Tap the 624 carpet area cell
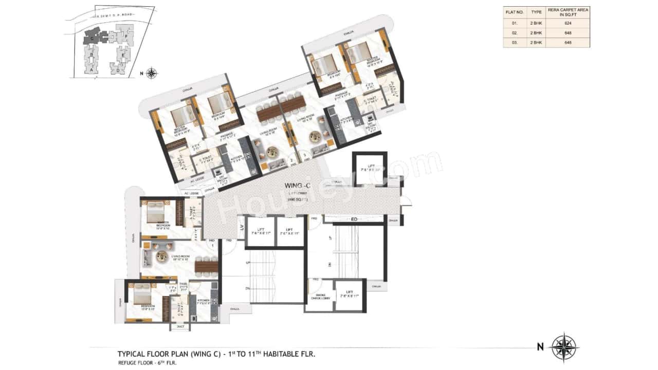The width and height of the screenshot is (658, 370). point(568,24)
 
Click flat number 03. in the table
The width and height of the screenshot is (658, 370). point(515,43)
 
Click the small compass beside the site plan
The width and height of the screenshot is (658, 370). point(152,73)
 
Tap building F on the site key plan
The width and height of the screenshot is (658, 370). point(126,36)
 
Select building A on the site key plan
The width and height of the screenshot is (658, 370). point(92,68)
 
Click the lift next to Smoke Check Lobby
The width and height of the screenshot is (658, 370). point(350,295)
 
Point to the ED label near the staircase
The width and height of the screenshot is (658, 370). point(354,219)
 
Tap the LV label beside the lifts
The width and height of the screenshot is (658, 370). point(240,226)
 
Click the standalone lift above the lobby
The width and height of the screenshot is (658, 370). point(369,168)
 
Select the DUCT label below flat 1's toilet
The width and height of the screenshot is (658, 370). point(180,326)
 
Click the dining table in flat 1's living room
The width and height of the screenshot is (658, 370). point(206,265)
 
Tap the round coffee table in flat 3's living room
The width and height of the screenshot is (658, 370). point(315,138)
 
